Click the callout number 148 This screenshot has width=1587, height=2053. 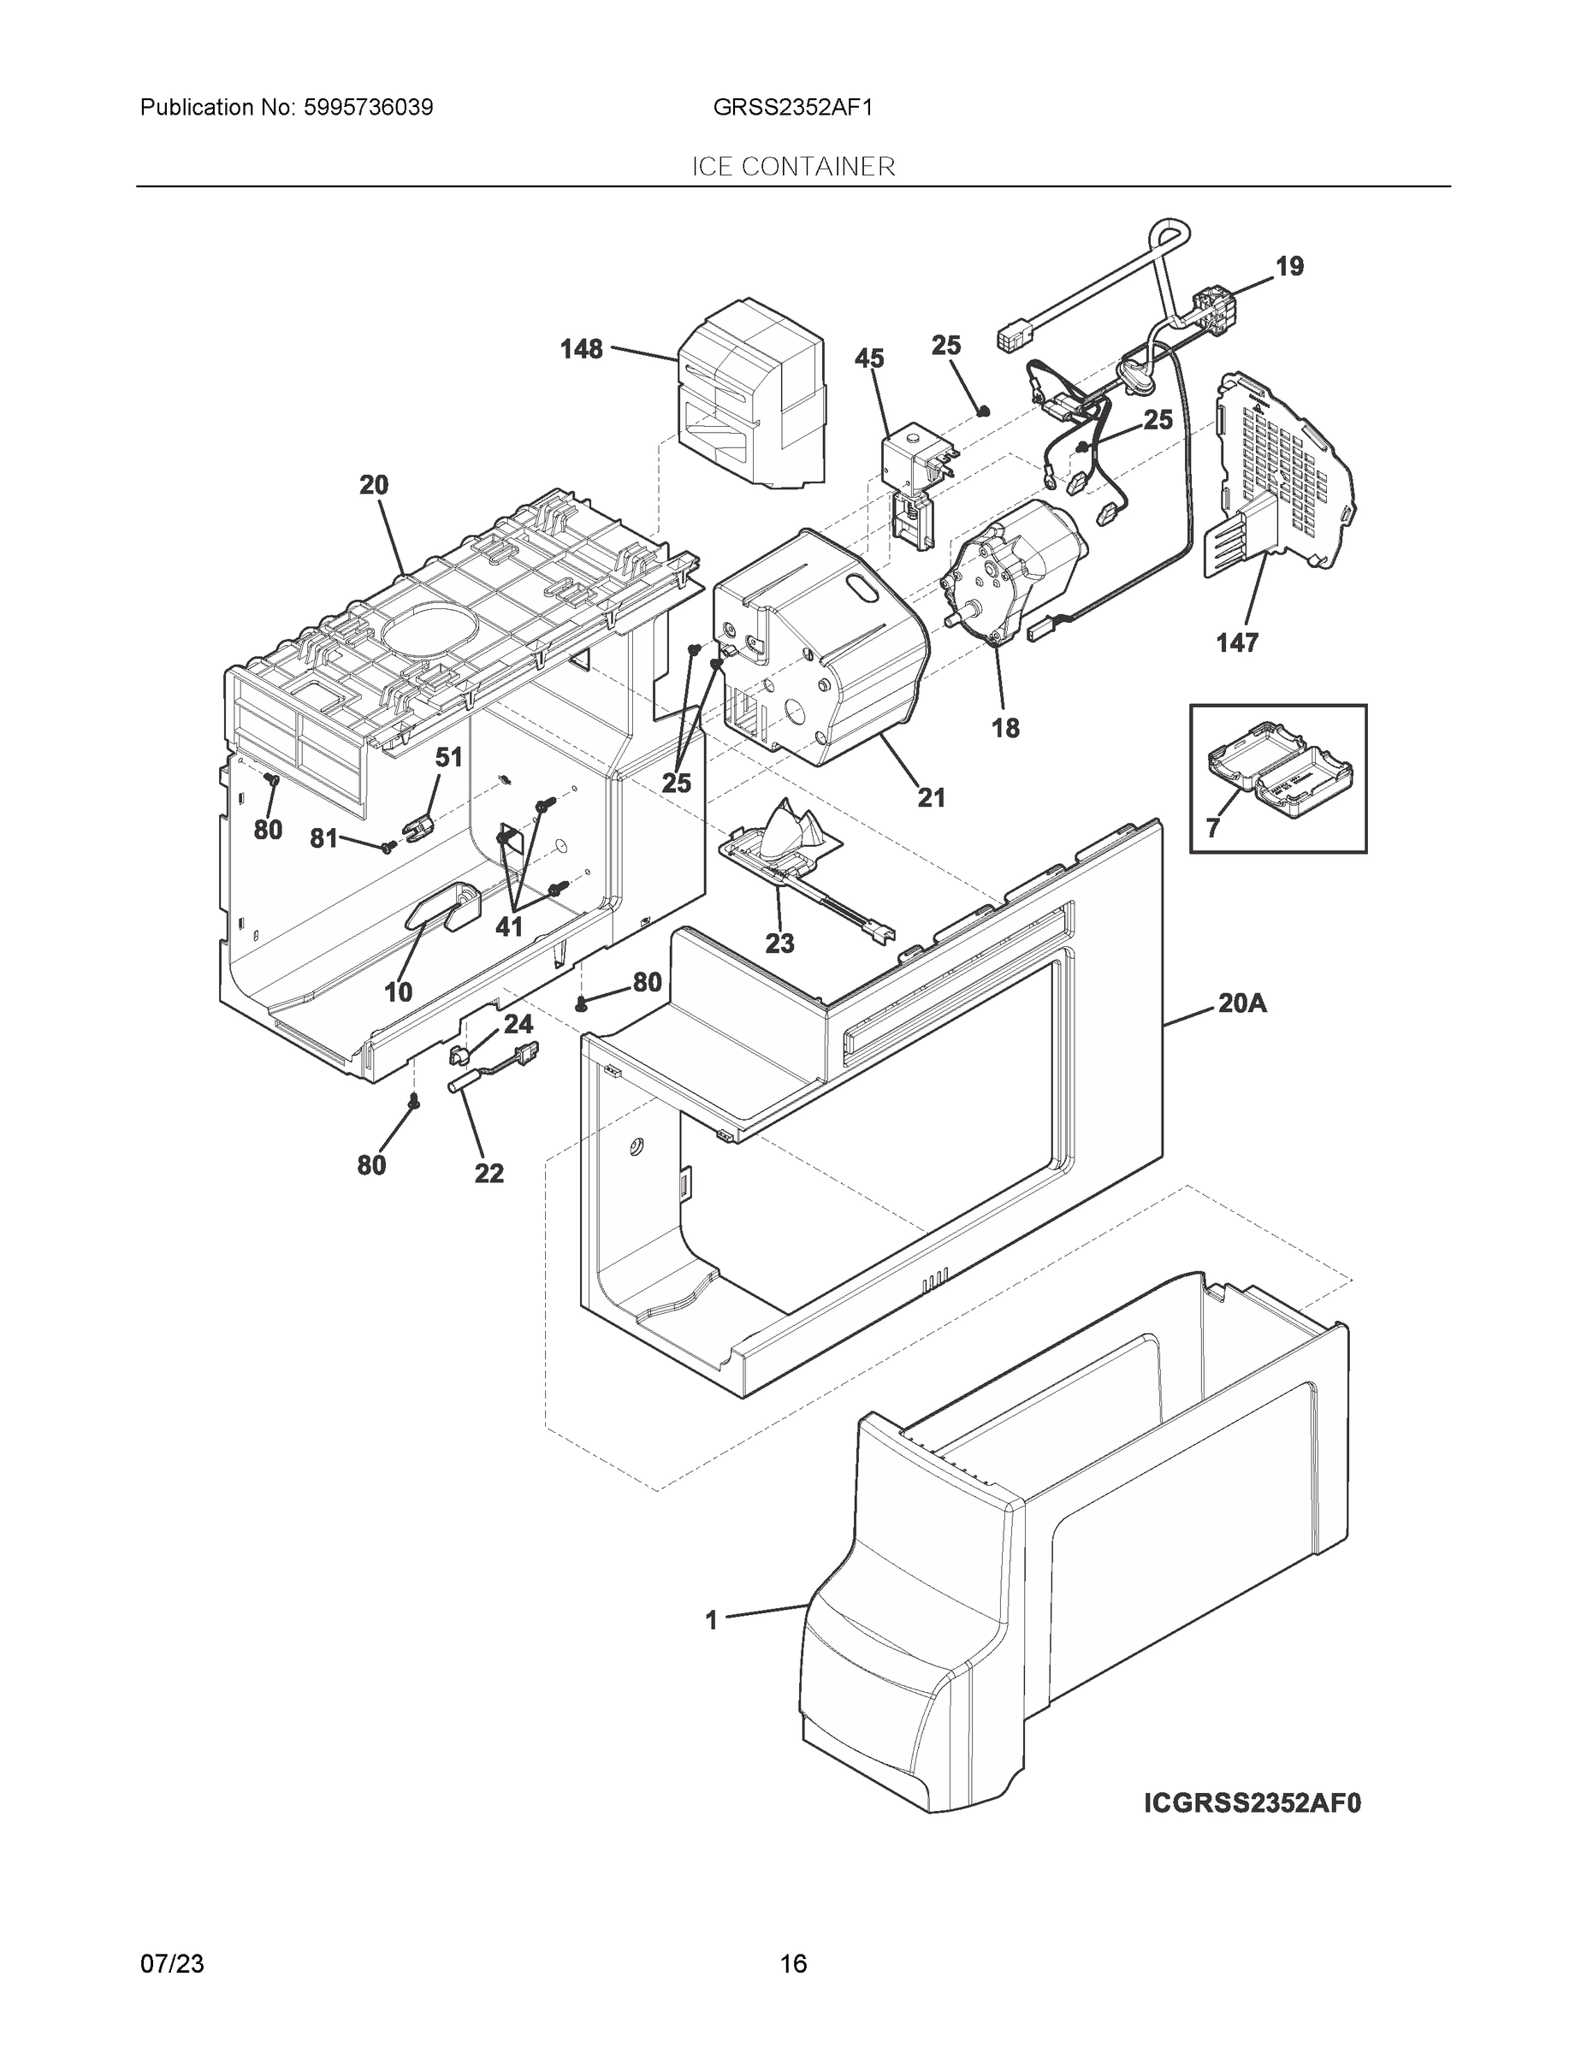pos(580,350)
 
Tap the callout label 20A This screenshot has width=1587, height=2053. pos(1242,1004)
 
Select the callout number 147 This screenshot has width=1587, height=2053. pos(1236,643)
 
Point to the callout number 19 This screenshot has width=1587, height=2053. pos(1289,267)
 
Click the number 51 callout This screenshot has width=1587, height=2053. pos(448,758)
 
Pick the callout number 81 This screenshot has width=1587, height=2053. pos(323,838)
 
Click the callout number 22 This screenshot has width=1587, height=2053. pos(489,1173)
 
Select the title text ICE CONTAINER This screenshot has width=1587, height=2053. pos(794,168)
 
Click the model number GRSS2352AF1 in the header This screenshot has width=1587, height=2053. pos(792,107)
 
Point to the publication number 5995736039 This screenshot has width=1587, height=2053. pos(369,107)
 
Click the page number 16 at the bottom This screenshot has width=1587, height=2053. pos(794,1964)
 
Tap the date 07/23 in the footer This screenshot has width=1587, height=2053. pos(172,1964)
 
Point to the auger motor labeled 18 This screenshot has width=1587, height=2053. pos(1010,573)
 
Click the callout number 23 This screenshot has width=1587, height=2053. pos(779,944)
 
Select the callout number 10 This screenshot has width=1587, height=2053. pos(398,991)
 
